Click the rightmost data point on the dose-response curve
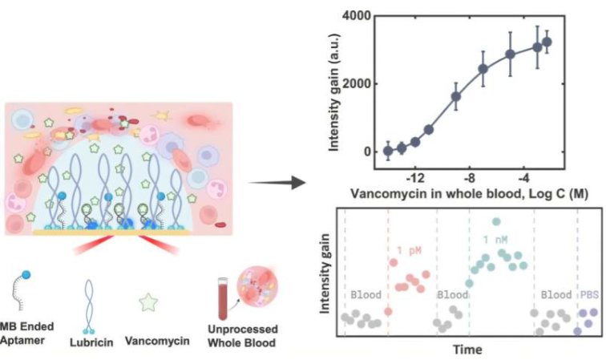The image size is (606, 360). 547,42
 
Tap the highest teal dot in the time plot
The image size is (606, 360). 497,221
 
